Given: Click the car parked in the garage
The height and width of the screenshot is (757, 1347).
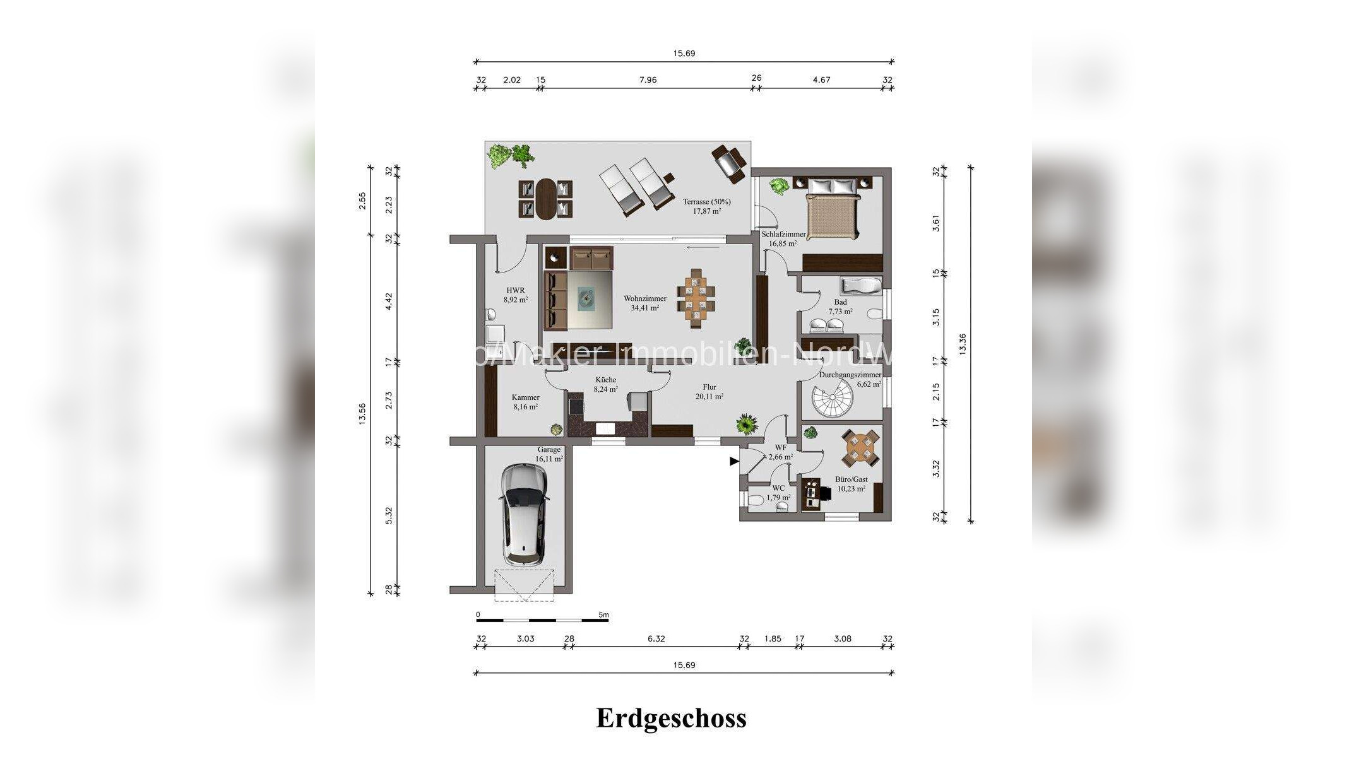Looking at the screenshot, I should pos(523,515).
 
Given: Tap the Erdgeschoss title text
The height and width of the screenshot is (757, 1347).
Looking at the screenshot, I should pos(671,719).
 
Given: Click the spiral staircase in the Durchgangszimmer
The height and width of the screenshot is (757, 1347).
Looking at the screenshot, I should pos(831,400).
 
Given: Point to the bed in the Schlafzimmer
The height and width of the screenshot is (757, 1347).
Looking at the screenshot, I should pos(833,208).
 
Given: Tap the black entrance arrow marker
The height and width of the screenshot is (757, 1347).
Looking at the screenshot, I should pos(734,462).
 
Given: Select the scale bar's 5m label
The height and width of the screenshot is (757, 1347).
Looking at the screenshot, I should pos(603,614).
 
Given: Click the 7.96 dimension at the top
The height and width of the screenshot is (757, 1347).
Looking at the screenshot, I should pos(648,80).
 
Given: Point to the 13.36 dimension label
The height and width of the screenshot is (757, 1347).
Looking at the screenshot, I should pos(962,344).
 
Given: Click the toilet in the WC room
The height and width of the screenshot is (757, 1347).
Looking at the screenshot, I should pos(755,501).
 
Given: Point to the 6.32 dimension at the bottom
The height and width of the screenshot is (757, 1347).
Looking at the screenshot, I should pos(656,638).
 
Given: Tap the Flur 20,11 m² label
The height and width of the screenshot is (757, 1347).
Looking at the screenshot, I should pos(709,392).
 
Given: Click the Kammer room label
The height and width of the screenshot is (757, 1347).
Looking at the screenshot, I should pos(525,402).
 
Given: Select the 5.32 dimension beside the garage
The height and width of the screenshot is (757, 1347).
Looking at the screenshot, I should pos(389,515).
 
